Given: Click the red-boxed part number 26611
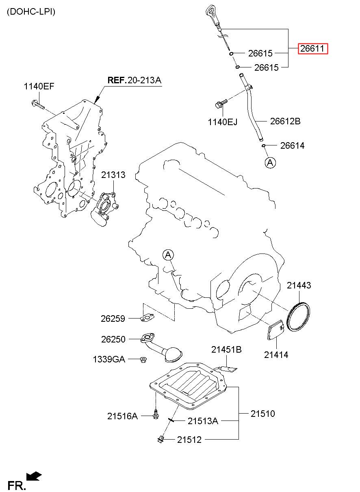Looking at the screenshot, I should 312,49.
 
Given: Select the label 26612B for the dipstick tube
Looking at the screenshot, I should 285,121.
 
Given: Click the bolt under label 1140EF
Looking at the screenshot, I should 37,104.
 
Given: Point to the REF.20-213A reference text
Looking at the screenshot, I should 134,80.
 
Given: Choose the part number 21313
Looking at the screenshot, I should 113,175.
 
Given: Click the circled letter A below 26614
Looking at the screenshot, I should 270,163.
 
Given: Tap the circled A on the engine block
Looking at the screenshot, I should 168,255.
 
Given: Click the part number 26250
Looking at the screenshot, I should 113,339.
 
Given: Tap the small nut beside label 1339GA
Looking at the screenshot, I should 143,359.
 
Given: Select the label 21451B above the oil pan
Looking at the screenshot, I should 226,349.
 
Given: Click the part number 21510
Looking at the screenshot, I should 262,414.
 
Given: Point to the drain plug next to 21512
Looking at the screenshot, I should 160,439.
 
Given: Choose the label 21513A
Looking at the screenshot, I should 203,421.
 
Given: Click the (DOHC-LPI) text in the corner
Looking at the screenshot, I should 31,12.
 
